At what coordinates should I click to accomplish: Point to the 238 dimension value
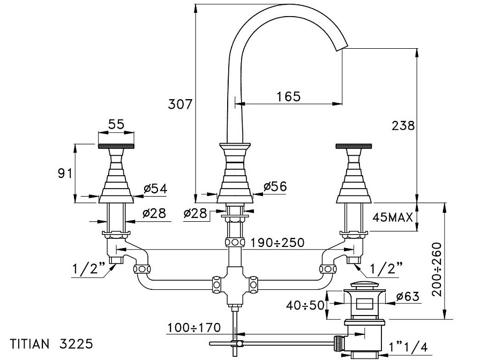click(403, 125)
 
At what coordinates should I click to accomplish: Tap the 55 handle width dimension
click(116, 124)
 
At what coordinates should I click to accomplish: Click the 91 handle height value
click(65, 174)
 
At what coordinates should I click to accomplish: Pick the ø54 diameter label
click(155, 188)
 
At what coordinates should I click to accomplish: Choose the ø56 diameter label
click(275, 186)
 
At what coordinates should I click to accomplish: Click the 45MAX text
click(393, 217)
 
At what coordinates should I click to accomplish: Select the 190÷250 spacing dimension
click(277, 242)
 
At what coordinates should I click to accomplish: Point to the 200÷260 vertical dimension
click(437, 269)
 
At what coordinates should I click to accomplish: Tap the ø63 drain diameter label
click(408, 296)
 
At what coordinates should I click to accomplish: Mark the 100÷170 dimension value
click(194, 327)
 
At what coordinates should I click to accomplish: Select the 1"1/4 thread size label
click(408, 346)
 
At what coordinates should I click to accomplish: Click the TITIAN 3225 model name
click(51, 344)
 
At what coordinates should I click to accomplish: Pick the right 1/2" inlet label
click(386, 268)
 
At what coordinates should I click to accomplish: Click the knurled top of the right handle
click(354, 146)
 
